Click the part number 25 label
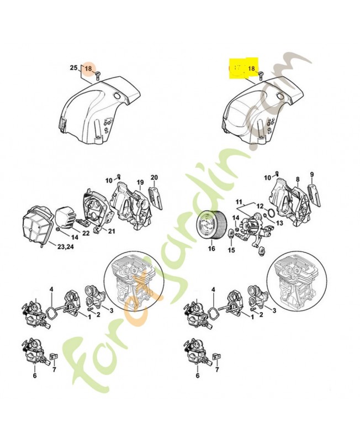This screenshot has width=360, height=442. pyautogui.click(x=73, y=67)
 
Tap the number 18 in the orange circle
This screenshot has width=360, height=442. pyautogui.click(x=88, y=68)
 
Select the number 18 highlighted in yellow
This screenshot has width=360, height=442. pyautogui.click(x=252, y=69)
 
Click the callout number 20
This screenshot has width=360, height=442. pyautogui.click(x=155, y=177)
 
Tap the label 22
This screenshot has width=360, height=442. pyautogui.click(x=86, y=233)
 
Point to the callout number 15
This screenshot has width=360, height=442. pyautogui.click(x=231, y=250)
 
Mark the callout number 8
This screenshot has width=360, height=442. pyautogui.click(x=297, y=180)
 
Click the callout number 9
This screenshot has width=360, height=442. pyautogui.click(x=312, y=175)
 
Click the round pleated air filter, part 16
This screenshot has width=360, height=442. pyautogui.click(x=211, y=225)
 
